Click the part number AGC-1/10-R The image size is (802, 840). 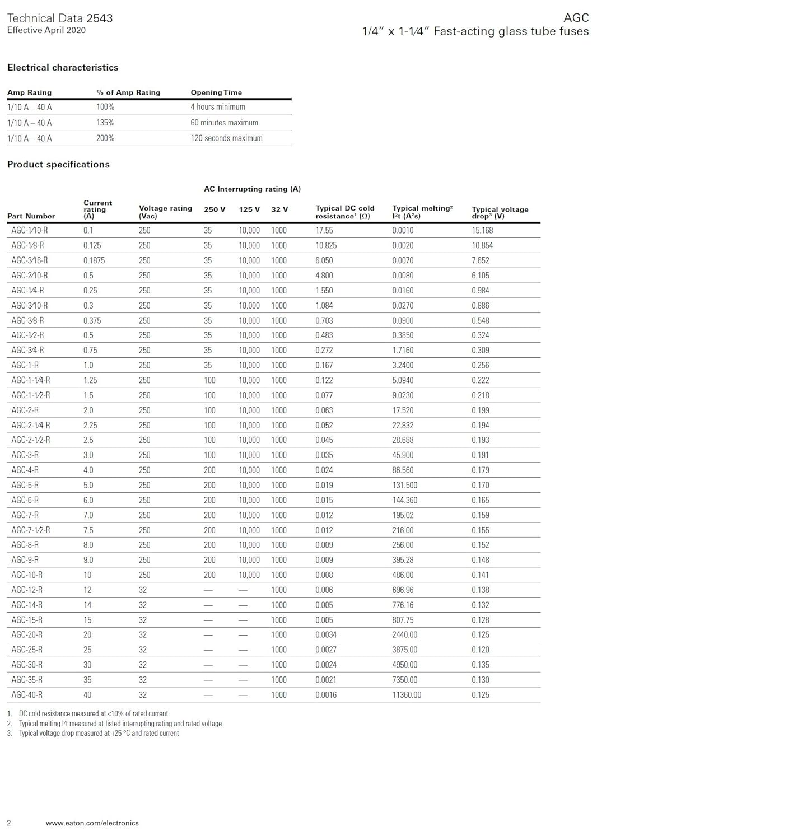pos(30,230)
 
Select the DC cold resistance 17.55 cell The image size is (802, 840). pos(324,230)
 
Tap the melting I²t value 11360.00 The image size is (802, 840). pos(407,694)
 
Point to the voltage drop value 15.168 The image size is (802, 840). pos(482,230)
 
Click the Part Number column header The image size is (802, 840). pos(31,216)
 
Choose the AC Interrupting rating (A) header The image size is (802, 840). pos(252,189)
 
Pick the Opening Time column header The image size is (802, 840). pos(216,92)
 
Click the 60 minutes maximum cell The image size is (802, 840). pos(224,123)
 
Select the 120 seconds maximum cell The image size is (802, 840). pos(226,138)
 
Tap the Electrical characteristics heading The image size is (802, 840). pos(63,67)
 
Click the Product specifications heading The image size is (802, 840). pos(58,164)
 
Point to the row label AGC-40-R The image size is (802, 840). pos(27,694)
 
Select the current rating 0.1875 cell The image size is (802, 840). pos(94,260)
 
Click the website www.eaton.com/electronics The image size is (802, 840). pos(92,823)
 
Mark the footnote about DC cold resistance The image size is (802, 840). pos(93,713)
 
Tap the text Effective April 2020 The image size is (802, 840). pos(46,30)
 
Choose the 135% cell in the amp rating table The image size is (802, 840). pos(105,123)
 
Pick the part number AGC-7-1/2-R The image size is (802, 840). pos(31,530)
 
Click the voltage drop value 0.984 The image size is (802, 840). pos(480,290)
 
